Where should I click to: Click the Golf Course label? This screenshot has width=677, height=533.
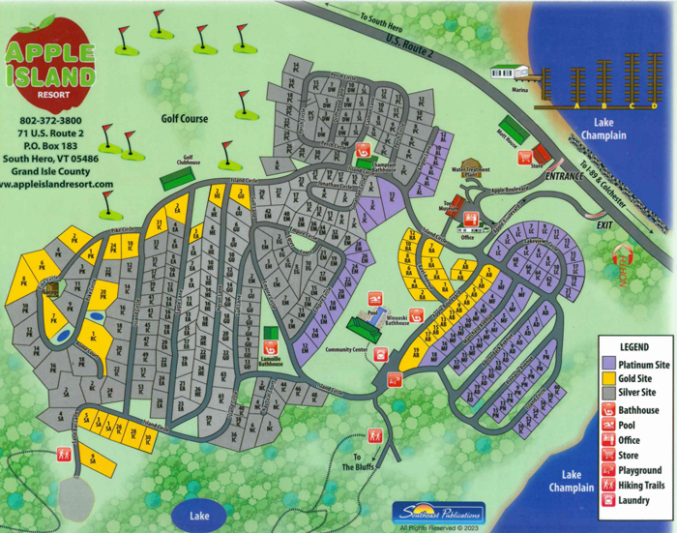pos(185,119)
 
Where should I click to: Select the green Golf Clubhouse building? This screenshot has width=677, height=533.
pos(177,178)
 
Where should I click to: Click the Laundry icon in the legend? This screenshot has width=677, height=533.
pos(609,500)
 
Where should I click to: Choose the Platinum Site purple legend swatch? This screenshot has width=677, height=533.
pos(609,362)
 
